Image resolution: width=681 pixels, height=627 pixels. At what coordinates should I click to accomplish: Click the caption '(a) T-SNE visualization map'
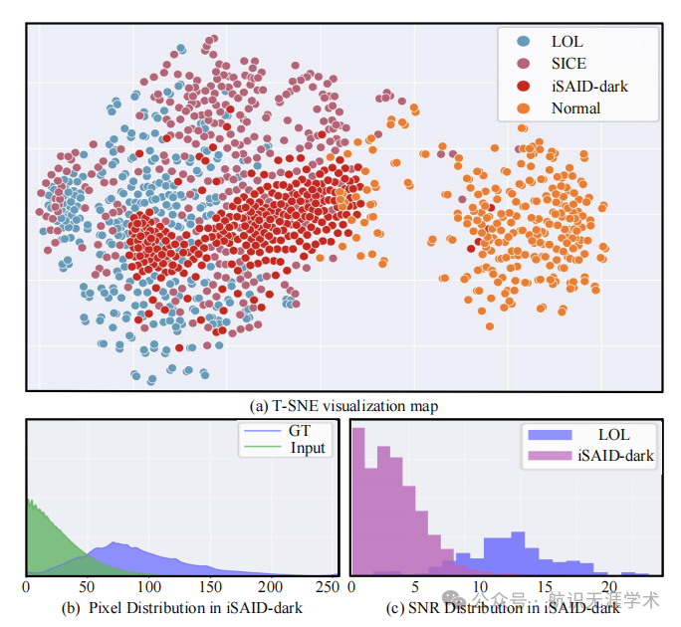pos(343,405)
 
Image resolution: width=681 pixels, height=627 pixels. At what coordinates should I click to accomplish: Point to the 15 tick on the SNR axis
pos(544,587)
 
